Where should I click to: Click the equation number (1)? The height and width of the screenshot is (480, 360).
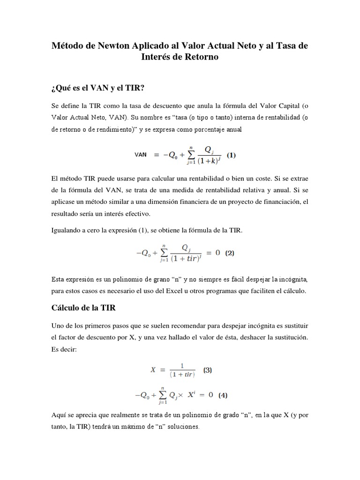[232, 155]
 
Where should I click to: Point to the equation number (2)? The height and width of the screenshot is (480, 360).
[230, 253]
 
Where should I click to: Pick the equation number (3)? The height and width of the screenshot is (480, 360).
[207, 369]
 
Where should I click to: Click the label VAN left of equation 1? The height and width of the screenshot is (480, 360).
[141, 155]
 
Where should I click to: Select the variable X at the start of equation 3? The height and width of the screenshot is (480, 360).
[153, 369]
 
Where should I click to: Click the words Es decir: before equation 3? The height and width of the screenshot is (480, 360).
[62, 349]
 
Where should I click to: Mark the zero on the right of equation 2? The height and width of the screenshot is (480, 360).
[217, 253]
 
